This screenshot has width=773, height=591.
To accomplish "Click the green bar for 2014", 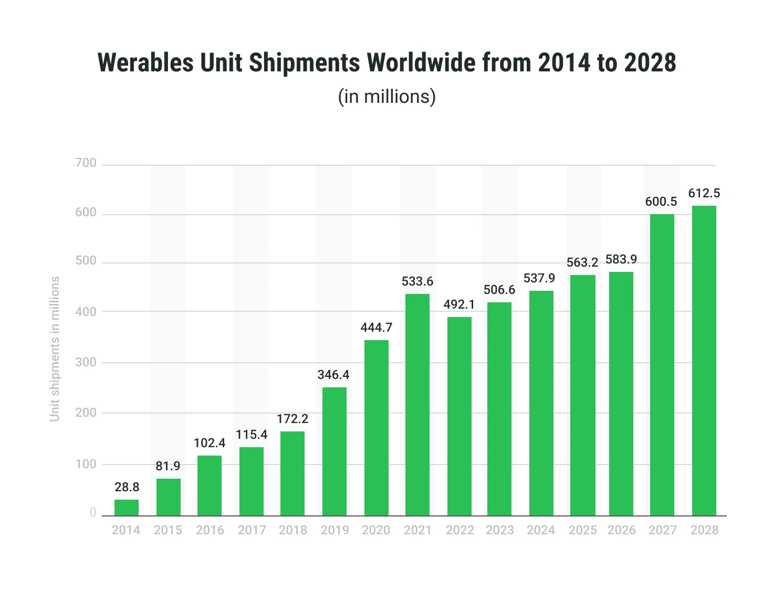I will click(x=127, y=508).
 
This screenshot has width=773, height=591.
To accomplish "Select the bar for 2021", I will click(x=417, y=405).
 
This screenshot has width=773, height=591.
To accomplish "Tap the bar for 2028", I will click(x=704, y=361).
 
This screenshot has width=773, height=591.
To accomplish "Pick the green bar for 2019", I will click(x=335, y=451).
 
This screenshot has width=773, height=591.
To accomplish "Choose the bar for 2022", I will click(x=459, y=416).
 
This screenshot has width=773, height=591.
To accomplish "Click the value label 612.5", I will click(x=704, y=194).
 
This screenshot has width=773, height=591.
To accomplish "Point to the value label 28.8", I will click(x=127, y=487).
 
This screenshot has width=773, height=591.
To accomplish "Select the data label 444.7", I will click(x=377, y=328).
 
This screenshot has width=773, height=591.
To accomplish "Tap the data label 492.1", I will click(x=459, y=304).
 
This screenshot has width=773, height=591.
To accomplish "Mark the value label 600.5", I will click(x=661, y=202).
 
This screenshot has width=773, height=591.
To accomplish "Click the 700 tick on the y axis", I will click(x=86, y=163).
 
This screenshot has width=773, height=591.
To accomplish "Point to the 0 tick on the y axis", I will click(x=93, y=513).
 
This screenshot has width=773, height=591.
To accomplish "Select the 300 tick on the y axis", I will click(x=86, y=362).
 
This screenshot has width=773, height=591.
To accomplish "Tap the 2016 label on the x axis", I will click(x=210, y=530).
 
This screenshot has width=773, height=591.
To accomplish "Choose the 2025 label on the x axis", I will click(x=582, y=530).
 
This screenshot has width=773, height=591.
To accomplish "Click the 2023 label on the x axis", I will click(x=499, y=530).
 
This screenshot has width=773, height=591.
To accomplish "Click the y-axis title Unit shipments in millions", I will click(x=55, y=349).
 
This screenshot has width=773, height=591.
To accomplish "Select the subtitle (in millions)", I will click(x=387, y=97).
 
